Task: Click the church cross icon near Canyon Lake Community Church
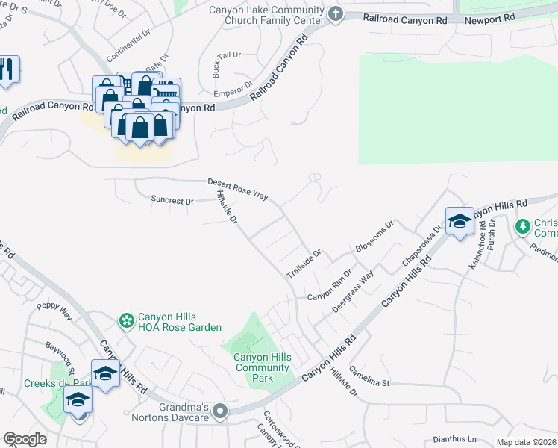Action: [336, 13]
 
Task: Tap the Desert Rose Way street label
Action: [237, 189]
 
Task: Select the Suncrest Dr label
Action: [172, 201]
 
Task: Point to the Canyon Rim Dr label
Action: [329, 286]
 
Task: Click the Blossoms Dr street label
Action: [374, 237]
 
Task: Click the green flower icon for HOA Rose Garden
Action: [127, 321]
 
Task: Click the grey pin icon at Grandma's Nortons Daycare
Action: [219, 411]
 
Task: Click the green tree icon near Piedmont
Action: [524, 225]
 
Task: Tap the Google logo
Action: [25, 439]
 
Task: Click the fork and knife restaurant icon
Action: [7, 69]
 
